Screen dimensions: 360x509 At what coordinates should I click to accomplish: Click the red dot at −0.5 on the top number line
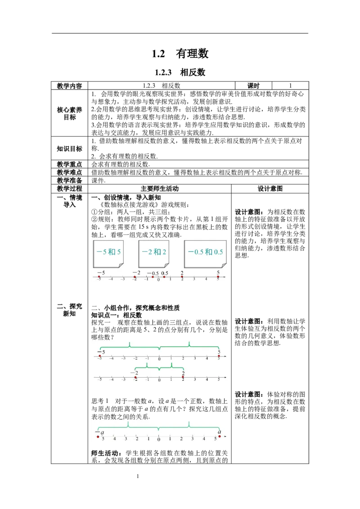click(x=153, y=277)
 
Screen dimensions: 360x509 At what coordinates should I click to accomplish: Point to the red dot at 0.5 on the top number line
click(x=164, y=277)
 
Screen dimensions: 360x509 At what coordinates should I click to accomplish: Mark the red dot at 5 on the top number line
click(x=218, y=277)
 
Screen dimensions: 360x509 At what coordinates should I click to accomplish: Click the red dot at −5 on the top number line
click(x=99, y=277)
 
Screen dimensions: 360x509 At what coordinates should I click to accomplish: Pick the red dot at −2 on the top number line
click(x=135, y=277)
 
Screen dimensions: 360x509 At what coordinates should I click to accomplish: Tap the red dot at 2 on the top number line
click(x=182, y=277)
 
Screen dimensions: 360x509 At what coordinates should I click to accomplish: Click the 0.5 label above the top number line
click(x=165, y=273)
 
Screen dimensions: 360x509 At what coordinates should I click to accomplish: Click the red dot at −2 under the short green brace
click(x=135, y=378)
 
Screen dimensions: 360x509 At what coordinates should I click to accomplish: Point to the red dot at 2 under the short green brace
click(x=183, y=377)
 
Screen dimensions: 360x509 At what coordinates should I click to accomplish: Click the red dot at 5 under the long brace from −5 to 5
click(x=219, y=356)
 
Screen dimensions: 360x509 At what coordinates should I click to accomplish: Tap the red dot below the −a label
click(x=98, y=437)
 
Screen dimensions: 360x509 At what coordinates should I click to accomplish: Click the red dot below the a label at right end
click(x=220, y=436)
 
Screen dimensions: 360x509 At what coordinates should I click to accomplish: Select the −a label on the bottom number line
click(x=99, y=433)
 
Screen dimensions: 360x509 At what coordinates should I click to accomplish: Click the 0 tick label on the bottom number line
click(x=158, y=439)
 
